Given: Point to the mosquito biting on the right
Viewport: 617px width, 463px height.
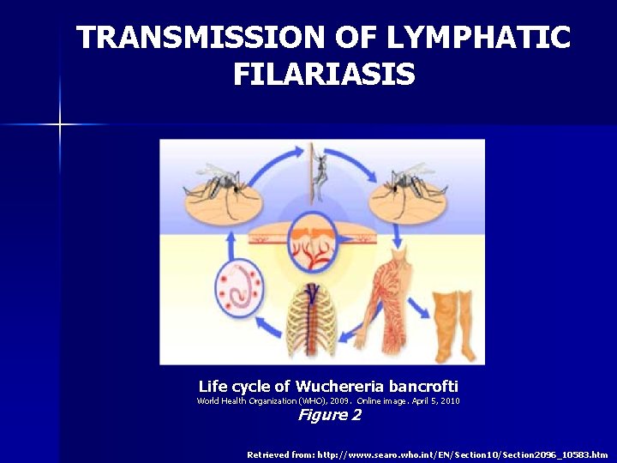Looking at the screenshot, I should pyautogui.click(x=410, y=181).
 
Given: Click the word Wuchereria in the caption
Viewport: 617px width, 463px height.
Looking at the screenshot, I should pyautogui.click(x=339, y=387).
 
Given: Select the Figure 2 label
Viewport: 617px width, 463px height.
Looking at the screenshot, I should pyautogui.click(x=329, y=416).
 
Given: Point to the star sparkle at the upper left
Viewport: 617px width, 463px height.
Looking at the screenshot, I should pyautogui.click(x=60, y=124).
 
